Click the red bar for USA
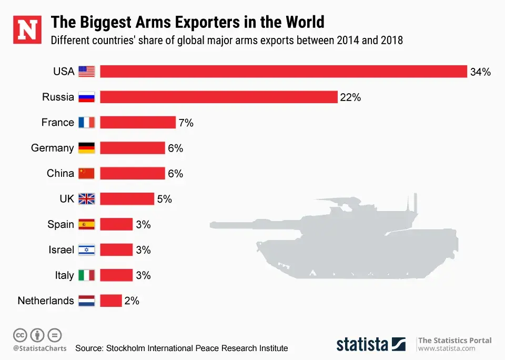point(284,72)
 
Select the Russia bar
point(218,97)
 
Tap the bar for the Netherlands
point(111,301)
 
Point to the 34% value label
point(480,72)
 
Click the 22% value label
point(350,97)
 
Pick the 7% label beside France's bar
point(186,123)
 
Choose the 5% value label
point(165,199)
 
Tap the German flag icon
point(86,148)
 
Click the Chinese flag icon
point(86,173)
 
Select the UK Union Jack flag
point(86,199)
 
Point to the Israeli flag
point(86,249)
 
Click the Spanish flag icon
point(86,224)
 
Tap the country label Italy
point(64,275)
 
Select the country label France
point(58,123)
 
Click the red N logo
point(27,30)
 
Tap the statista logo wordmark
point(362,344)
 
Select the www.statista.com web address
point(447,348)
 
